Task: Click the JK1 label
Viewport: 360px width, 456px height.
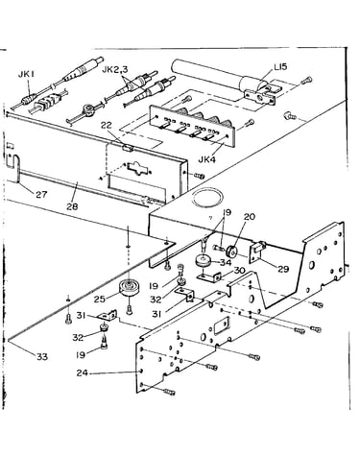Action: coord(26,75)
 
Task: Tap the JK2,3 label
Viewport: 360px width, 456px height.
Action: coord(114,69)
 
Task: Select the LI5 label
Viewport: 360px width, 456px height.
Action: coord(280,67)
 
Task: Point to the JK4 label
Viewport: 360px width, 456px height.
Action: coord(207,159)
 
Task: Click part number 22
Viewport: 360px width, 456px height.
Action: coord(107,126)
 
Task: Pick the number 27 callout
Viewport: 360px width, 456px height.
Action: coord(41,194)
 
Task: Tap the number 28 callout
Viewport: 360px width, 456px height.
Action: coord(72,206)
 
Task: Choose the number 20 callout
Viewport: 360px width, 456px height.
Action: coord(250,217)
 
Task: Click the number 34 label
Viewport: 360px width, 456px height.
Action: coord(225,262)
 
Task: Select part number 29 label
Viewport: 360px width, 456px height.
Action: coord(283,269)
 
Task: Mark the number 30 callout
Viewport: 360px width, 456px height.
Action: coord(239,271)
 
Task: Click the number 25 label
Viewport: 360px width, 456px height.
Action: coord(100,300)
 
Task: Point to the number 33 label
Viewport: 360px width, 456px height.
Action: coord(42,356)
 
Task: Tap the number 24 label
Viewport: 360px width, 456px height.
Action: coord(83,372)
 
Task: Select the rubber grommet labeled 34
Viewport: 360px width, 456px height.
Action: coord(203,260)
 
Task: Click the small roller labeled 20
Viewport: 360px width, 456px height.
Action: coord(231,251)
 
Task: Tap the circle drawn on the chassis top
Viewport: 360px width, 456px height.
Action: coord(207,198)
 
